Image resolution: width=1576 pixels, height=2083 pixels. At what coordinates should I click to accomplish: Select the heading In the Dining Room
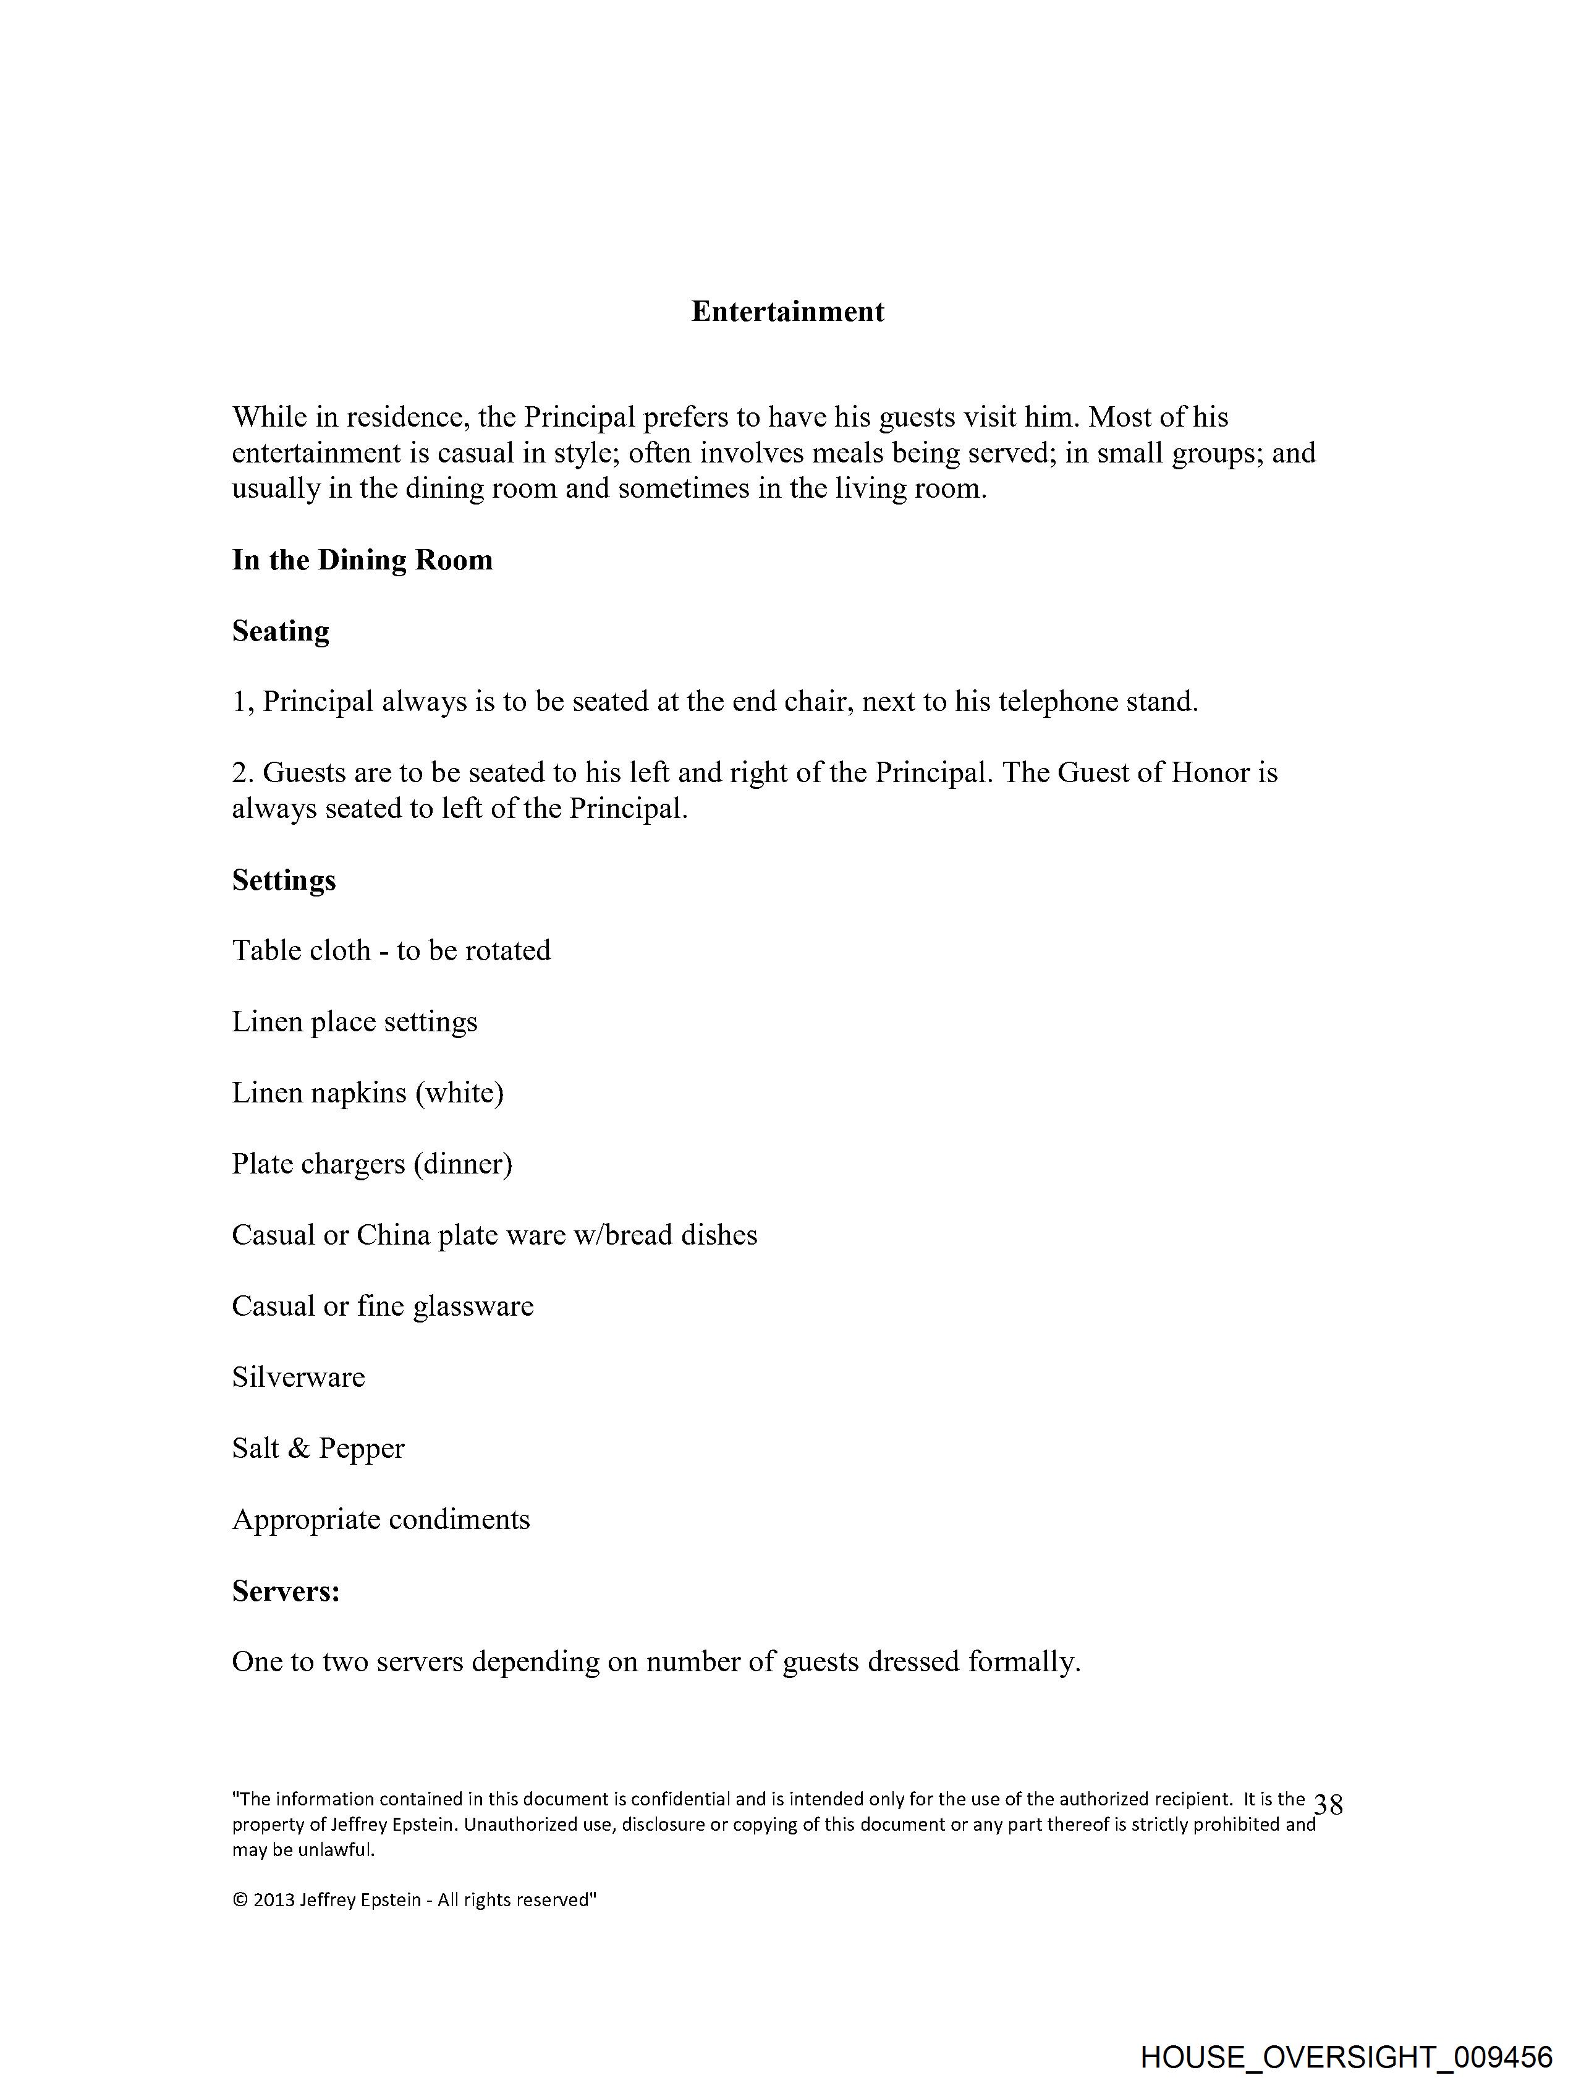click(362, 560)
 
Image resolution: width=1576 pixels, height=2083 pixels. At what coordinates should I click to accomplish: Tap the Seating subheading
click(281, 631)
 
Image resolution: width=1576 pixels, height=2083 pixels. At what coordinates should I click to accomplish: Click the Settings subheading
click(284, 880)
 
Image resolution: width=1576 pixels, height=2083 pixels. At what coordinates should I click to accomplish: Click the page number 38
click(1328, 1805)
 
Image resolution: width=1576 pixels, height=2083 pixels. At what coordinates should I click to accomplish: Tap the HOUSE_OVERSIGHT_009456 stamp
click(1345, 2056)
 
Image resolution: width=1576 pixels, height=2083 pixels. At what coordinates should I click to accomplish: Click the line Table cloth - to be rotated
click(391, 950)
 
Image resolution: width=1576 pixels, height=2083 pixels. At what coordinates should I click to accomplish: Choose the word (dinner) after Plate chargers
click(462, 1164)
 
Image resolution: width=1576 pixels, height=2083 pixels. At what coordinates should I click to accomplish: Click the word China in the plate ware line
click(392, 1235)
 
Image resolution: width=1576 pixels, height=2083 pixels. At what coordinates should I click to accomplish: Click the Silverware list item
click(299, 1377)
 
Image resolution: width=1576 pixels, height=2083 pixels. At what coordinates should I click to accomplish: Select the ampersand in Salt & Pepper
click(299, 1448)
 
